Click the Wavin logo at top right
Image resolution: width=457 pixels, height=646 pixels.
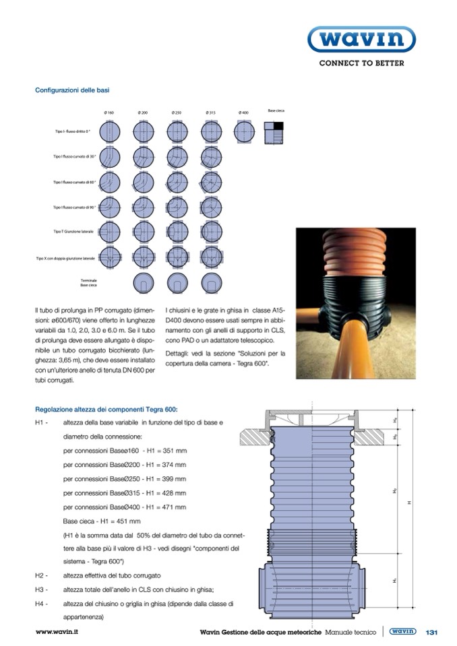pos(361,40)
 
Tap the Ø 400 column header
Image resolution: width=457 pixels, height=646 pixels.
pos(243,112)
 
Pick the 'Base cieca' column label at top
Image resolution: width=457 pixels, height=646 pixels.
pos(275,109)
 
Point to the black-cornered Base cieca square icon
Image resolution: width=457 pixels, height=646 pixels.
pos(274,131)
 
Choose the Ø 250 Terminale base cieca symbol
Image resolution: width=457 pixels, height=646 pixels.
pos(176,282)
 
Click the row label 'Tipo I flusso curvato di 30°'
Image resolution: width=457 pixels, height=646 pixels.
pos(74,156)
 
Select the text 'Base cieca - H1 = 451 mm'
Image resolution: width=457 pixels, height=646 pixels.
pos(102,521)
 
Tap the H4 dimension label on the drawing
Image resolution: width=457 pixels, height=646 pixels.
pos(395,420)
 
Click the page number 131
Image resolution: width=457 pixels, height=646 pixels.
pos(432,632)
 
